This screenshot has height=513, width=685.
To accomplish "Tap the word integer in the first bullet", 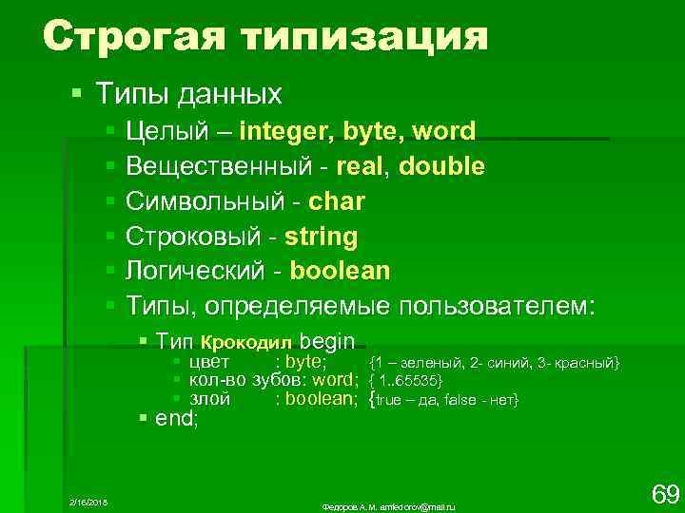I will click(284, 130).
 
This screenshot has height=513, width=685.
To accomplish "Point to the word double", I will click(441, 166).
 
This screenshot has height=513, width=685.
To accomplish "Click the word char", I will click(337, 202).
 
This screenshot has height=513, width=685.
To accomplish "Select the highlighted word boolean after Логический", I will click(340, 271).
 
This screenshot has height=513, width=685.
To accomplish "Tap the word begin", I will click(326, 341).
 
